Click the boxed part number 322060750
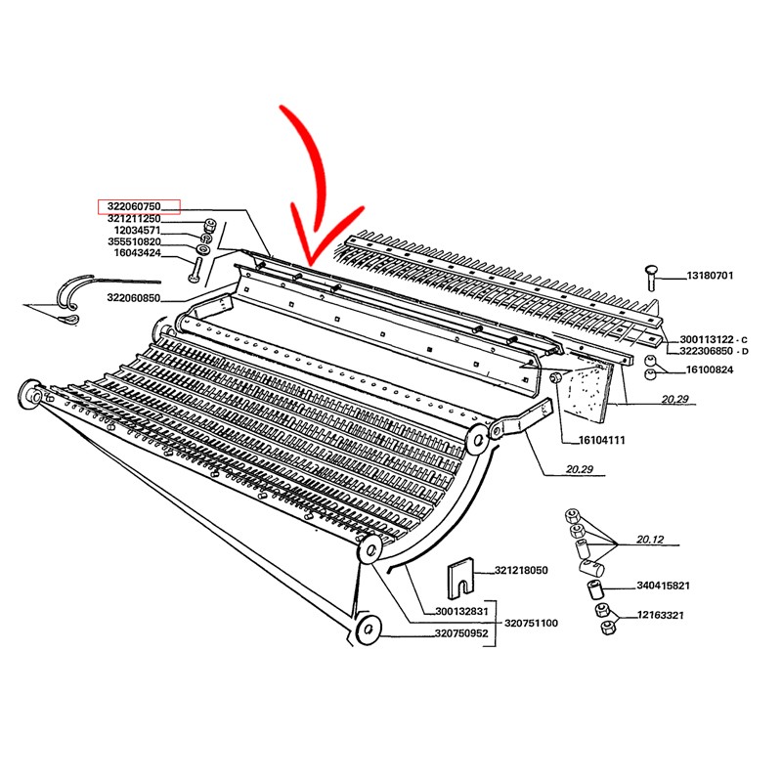click(x=134, y=206)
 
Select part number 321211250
click(x=134, y=219)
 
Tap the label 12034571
click(x=137, y=231)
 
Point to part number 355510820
click(x=134, y=241)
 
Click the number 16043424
click(x=137, y=253)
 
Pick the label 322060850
click(x=134, y=298)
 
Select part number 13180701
click(x=711, y=276)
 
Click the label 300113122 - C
click(x=714, y=340)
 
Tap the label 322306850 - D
click(x=715, y=351)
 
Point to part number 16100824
click(x=710, y=370)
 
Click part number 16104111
click(x=601, y=441)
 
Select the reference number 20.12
click(x=650, y=540)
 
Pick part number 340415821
click(x=664, y=586)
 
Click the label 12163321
click(x=661, y=616)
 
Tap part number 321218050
click(x=521, y=571)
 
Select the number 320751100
click(x=531, y=624)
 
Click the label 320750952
click(x=461, y=633)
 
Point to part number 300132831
click(x=461, y=612)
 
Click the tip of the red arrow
click(x=310, y=264)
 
